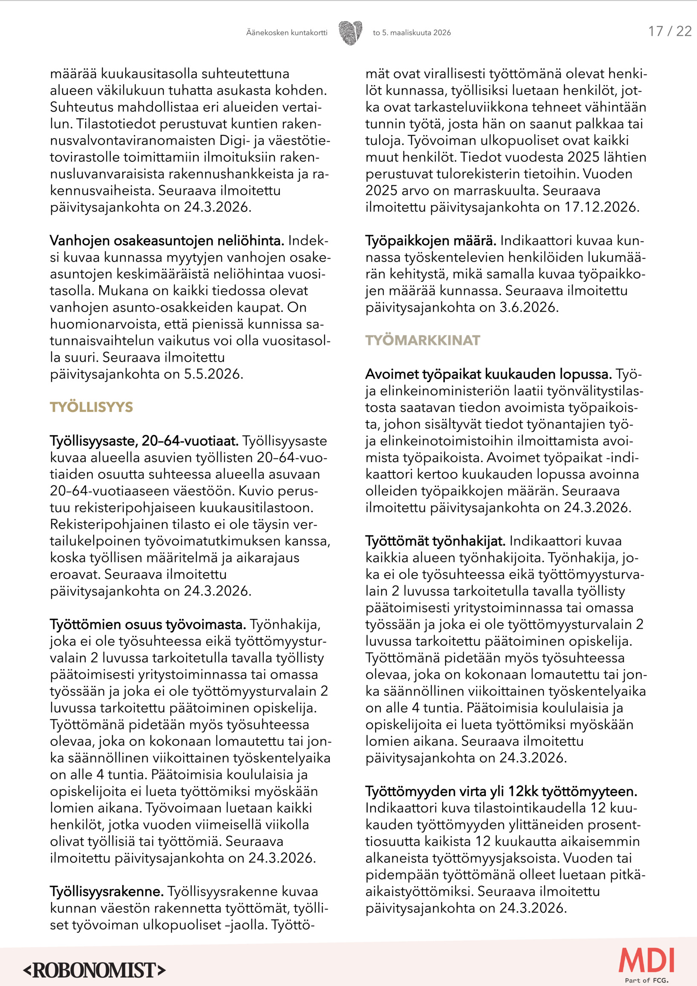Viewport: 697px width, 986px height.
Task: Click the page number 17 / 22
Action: [x=669, y=32]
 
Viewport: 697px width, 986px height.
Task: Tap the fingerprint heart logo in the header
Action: [x=350, y=33]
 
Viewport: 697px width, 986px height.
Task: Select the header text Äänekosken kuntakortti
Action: [x=286, y=33]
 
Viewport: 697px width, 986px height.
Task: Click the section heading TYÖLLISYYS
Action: [x=91, y=407]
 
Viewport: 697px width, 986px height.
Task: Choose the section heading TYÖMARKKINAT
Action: [x=423, y=341]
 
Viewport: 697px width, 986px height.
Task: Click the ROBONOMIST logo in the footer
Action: [x=94, y=970]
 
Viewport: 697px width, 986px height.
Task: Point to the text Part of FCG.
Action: [x=646, y=980]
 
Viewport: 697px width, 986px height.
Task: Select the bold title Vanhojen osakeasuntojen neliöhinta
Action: [x=167, y=241]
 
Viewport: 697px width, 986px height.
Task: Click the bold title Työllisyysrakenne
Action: [x=107, y=891]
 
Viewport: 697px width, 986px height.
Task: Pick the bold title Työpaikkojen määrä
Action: [x=431, y=241]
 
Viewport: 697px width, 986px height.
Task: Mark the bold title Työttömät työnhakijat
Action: [x=435, y=541]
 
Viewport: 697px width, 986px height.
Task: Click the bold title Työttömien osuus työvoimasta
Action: [x=148, y=624]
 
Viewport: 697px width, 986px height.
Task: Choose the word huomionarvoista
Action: [x=104, y=325]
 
